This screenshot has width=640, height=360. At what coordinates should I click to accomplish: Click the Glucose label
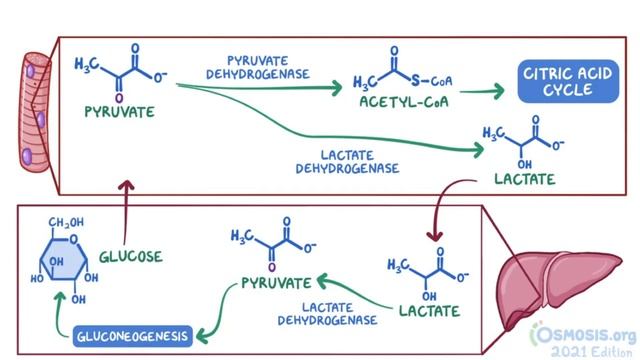click(130, 257)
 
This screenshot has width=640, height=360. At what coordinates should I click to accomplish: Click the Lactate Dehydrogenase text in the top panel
click(348, 161)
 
